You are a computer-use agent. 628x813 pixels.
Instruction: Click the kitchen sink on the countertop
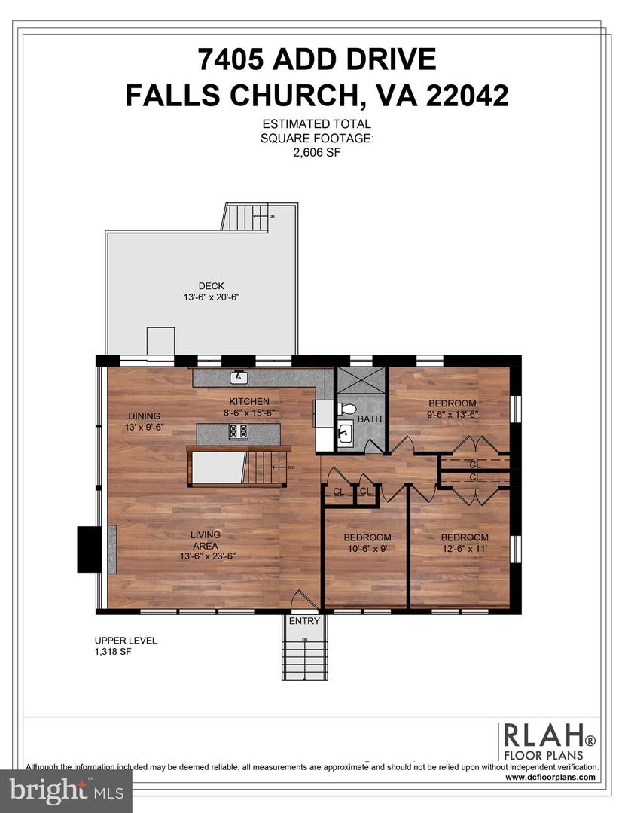[238, 376]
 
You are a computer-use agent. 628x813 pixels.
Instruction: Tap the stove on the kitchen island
[239, 431]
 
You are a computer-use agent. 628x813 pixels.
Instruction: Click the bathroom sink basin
[345, 434]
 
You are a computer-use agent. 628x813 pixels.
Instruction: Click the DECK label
[211, 285]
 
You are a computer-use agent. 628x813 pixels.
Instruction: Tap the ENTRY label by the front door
[304, 621]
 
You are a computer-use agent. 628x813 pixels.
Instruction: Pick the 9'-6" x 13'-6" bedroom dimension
[452, 414]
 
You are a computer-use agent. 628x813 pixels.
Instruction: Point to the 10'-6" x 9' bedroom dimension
[367, 549]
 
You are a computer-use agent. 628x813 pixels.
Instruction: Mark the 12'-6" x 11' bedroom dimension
[464, 549]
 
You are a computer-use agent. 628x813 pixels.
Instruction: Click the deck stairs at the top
[245, 218]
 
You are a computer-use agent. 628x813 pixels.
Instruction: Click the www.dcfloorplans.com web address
[551, 777]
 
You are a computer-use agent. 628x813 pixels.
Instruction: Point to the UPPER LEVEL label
[120, 641]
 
